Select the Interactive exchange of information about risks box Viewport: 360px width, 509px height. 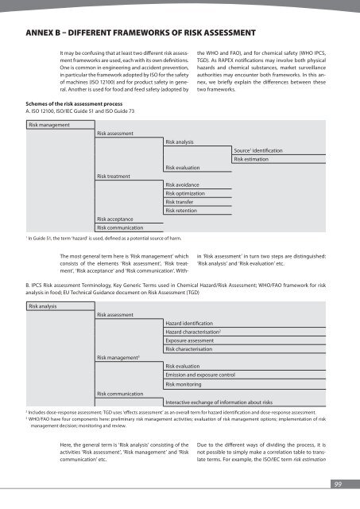pos(228,402)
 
